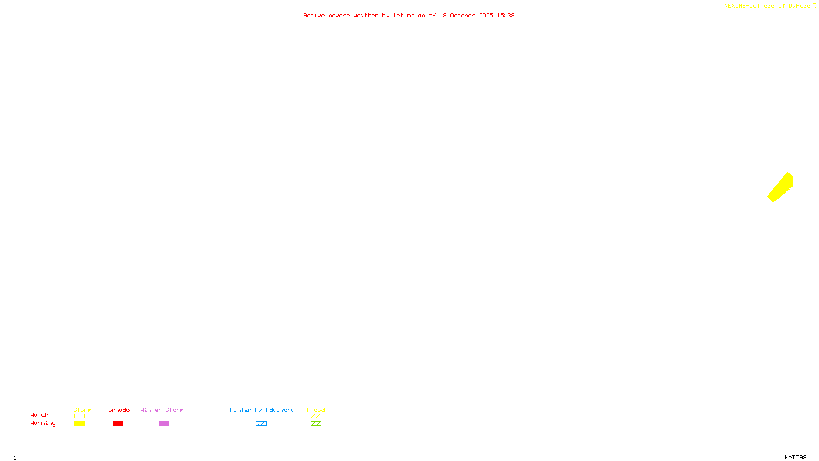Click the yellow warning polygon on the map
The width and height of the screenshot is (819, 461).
click(781, 187)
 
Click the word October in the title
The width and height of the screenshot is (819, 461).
click(462, 15)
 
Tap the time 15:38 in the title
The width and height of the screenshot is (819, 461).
click(506, 15)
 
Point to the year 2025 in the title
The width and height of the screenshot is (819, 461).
click(486, 15)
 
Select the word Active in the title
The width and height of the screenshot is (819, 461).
click(314, 15)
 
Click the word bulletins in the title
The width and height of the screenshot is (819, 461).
click(398, 15)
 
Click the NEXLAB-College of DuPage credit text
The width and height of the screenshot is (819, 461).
click(767, 6)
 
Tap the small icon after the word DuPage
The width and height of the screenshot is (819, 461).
click(814, 6)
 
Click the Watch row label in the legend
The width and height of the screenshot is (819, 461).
click(39, 415)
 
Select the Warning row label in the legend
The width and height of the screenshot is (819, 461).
click(42, 423)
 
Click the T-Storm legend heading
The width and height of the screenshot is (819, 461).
click(79, 410)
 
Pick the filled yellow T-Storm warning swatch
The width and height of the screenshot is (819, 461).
click(79, 424)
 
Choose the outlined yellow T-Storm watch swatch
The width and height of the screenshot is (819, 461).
click(79, 416)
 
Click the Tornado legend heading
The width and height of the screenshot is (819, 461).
click(117, 410)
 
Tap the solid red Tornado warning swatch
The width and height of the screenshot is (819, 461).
click(118, 424)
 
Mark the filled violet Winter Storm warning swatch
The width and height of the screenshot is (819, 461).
click(164, 424)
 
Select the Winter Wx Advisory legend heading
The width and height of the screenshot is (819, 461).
click(262, 410)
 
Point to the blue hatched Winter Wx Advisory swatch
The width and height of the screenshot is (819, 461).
click(261, 424)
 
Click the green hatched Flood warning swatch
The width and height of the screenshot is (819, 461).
click(316, 424)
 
